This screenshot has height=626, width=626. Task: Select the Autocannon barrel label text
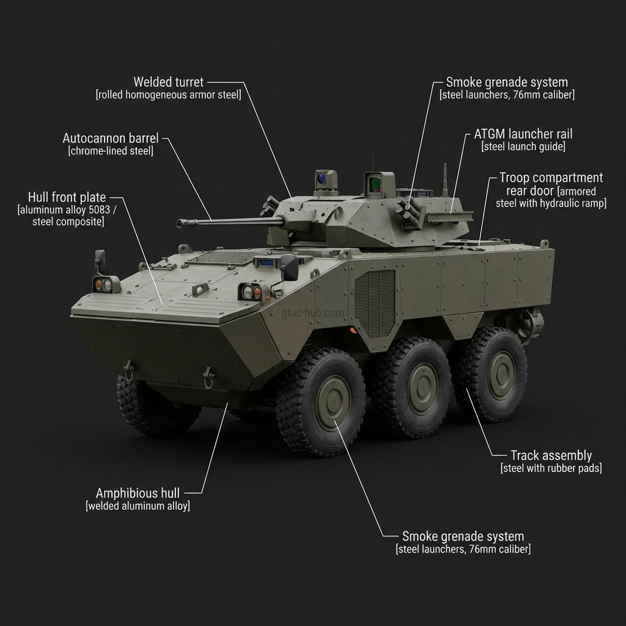[x=111, y=138]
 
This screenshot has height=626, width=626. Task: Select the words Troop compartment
[x=551, y=177]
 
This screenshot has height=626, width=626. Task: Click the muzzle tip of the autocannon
[x=179, y=223]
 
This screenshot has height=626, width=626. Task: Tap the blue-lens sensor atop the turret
[x=322, y=177]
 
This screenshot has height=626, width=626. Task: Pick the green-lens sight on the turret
[x=374, y=184]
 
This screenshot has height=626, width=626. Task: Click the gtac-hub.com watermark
[x=312, y=312]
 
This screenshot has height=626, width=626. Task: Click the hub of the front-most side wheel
[x=332, y=402]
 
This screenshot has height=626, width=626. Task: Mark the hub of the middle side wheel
[x=422, y=388]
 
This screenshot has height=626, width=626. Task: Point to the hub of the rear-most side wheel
[x=501, y=375]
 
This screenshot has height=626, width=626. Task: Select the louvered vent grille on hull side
[x=375, y=303]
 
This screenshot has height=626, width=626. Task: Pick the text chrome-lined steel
[x=111, y=151]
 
